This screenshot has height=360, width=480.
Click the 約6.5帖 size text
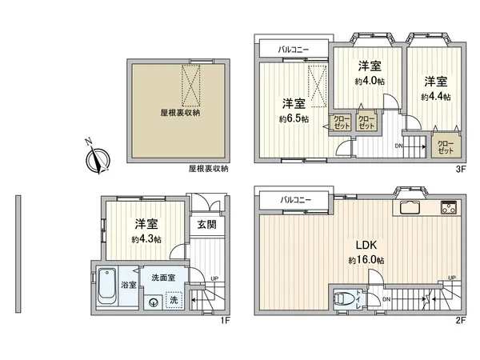coord(294,118)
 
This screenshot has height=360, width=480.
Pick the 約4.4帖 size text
coord(435,96)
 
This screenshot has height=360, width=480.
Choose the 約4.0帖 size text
coord(369,81)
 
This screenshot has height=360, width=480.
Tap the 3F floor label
coord(460,169)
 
